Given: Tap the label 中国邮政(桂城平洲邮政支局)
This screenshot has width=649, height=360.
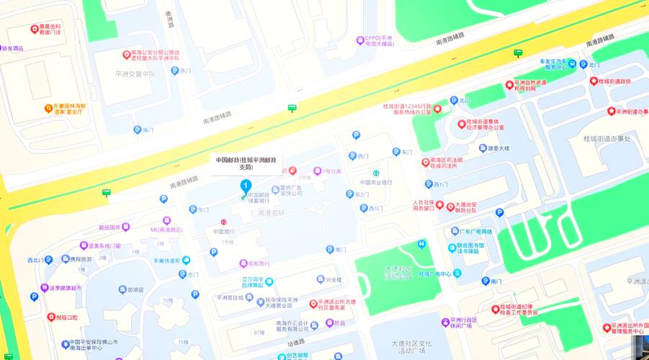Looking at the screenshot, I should (246, 163).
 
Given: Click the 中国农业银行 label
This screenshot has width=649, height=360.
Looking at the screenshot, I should (377, 182).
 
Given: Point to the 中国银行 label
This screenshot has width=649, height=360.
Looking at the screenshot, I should (223, 231).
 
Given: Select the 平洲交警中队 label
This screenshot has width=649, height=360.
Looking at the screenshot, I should (135, 73).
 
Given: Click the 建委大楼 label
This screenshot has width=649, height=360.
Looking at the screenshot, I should (498, 148).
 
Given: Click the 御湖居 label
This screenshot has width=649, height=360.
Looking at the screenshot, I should (135, 289).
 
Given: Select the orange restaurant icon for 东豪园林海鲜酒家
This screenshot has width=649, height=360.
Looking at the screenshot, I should (48, 108).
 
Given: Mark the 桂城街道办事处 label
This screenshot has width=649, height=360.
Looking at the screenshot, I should (607, 138).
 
